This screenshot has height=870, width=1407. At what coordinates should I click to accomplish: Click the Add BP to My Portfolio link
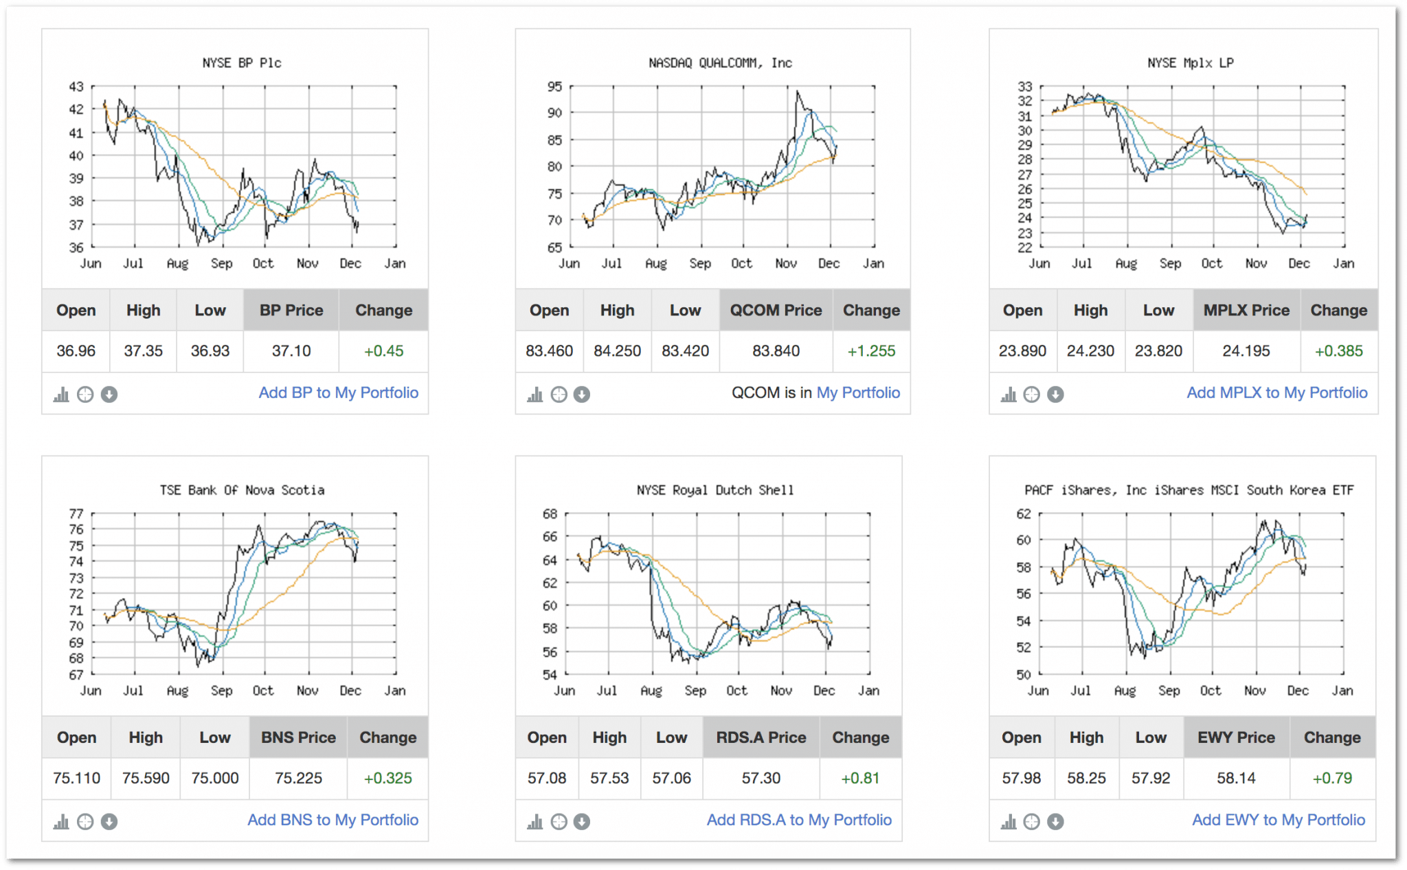338,393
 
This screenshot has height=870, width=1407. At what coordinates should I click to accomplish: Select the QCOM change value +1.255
871,351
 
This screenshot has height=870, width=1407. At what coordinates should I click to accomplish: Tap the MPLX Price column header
1246,311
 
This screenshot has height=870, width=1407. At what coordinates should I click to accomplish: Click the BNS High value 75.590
146,779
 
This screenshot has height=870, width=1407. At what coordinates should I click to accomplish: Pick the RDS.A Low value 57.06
671,779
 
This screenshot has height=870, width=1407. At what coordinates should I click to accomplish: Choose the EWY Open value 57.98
1021,779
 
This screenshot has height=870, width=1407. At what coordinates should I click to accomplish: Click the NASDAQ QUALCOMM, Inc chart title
720,63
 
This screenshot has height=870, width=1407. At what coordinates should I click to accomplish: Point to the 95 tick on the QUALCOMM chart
554,87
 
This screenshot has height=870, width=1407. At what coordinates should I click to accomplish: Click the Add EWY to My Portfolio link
1279,821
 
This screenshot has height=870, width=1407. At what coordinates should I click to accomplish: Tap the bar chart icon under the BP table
61,394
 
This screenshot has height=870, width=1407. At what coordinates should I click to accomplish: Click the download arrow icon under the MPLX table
1055,394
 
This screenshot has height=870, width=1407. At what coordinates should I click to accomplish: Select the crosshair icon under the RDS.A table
559,822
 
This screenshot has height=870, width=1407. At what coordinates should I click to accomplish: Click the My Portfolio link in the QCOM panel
858,393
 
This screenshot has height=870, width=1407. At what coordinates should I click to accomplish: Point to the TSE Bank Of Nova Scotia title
242,491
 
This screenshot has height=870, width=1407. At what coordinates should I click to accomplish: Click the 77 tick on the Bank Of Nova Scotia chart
76,514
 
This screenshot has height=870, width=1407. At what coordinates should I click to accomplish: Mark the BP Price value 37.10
291,351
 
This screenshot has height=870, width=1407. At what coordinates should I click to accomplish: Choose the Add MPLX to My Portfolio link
1276,393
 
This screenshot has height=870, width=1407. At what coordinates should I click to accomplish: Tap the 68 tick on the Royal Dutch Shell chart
550,514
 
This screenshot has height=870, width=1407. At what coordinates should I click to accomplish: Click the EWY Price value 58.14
1236,779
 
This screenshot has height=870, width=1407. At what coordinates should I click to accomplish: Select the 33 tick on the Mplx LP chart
1024,87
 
